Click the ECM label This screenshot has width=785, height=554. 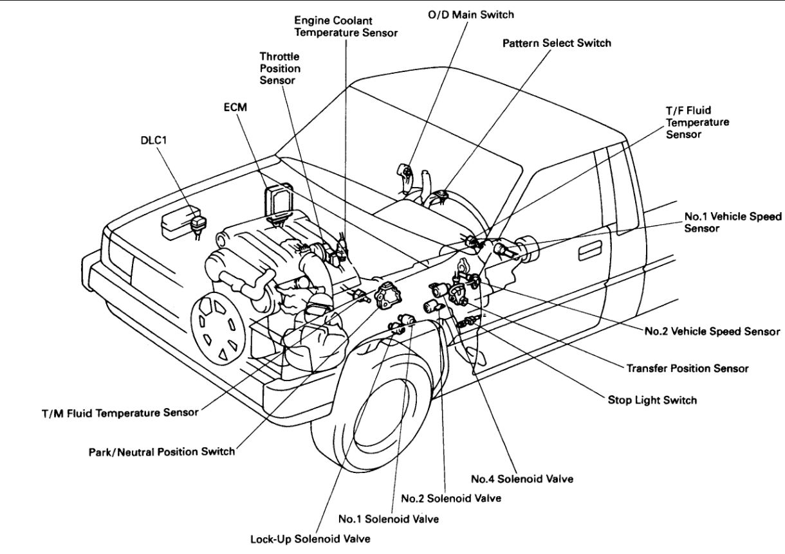pyautogui.click(x=235, y=107)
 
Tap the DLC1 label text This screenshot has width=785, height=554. pyautogui.click(x=154, y=140)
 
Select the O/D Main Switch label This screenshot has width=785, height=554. pyautogui.click(x=470, y=15)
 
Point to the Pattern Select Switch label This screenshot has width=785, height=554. pyautogui.click(x=557, y=43)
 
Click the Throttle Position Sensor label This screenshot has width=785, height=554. pyautogui.click(x=280, y=68)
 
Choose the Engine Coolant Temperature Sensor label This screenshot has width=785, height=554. pyautogui.click(x=346, y=26)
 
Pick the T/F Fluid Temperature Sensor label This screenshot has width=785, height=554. pyautogui.click(x=697, y=123)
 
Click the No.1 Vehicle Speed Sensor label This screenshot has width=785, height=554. pyautogui.click(x=733, y=222)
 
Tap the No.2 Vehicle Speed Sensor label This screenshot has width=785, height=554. pyautogui.click(x=712, y=331)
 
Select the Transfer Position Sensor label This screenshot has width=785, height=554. pyautogui.click(x=687, y=368)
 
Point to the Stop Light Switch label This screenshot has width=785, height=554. pyautogui.click(x=652, y=400)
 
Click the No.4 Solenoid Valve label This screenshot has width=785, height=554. pyautogui.click(x=522, y=479)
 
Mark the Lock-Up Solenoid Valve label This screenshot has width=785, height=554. pyautogui.click(x=310, y=539)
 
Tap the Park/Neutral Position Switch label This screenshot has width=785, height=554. pyautogui.click(x=162, y=452)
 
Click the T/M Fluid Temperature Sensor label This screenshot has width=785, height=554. pyautogui.click(x=120, y=413)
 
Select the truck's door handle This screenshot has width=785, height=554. pyautogui.click(x=590, y=251)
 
